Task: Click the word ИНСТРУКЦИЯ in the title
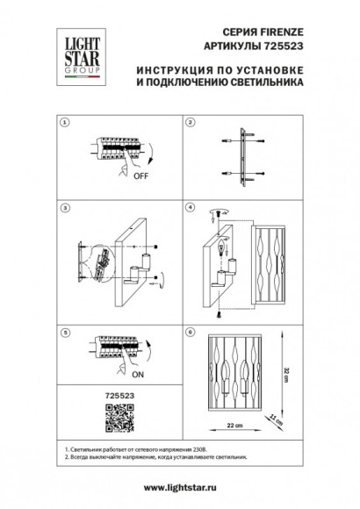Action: coord(177,67)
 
